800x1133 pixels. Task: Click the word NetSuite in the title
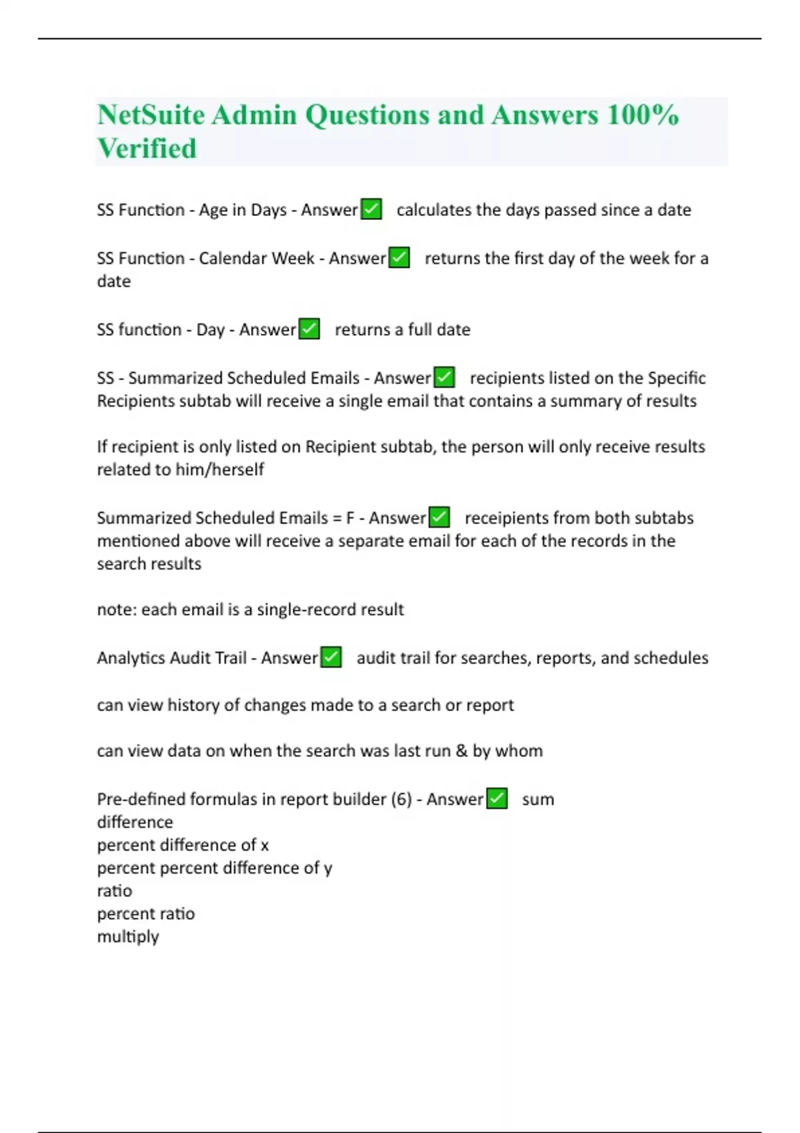click(x=151, y=115)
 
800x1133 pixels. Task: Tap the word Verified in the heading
click(x=147, y=149)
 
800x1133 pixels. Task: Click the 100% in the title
click(x=643, y=115)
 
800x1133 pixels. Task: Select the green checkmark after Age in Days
click(x=371, y=209)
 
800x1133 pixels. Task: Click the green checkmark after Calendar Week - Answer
click(x=399, y=257)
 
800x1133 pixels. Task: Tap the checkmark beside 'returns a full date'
click(x=309, y=329)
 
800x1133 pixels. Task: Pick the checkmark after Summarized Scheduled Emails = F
click(x=439, y=517)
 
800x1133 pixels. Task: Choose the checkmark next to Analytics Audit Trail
click(x=331, y=657)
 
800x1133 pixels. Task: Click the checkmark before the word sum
click(x=497, y=798)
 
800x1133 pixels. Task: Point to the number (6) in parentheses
click(x=401, y=799)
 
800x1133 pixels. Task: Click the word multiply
click(x=128, y=937)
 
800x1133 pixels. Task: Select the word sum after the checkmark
click(x=538, y=799)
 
